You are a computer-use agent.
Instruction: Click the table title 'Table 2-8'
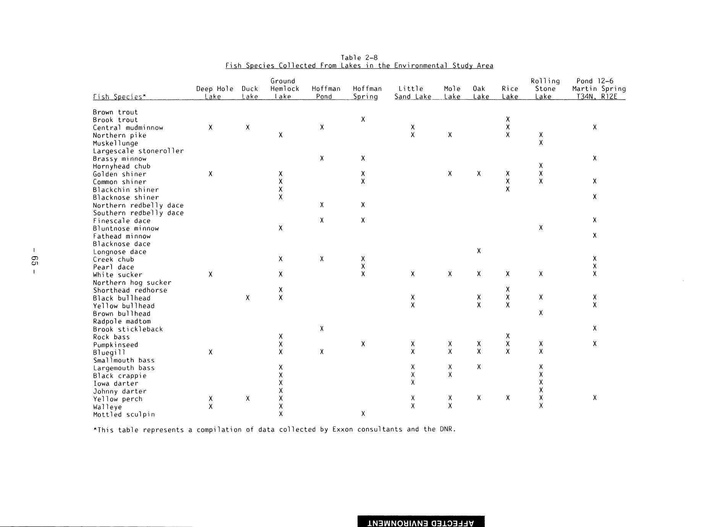click(x=359, y=58)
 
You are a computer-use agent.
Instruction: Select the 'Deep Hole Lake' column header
click(x=214, y=93)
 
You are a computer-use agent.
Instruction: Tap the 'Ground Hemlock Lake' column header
click(x=283, y=89)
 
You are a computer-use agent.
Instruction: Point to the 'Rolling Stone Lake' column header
click(x=545, y=89)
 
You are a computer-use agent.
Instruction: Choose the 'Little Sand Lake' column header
click(x=413, y=93)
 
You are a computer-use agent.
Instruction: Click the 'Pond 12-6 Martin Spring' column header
click(x=599, y=89)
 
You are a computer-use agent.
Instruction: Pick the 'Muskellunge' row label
click(x=115, y=143)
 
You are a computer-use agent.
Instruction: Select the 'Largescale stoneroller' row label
click(x=138, y=151)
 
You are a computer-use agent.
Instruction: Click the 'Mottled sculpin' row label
click(x=124, y=415)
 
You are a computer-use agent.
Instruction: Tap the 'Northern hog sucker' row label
click(x=132, y=283)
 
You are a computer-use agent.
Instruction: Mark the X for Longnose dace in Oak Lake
click(x=479, y=251)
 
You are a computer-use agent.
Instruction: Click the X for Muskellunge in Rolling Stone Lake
click(x=541, y=143)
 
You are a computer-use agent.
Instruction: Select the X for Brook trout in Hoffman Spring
click(x=363, y=120)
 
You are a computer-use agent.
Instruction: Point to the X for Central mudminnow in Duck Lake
click(x=248, y=127)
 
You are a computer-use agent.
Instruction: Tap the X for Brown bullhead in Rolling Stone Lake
click(x=541, y=313)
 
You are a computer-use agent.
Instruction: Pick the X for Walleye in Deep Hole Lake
click(x=210, y=406)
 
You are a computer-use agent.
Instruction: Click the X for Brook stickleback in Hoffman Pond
click(x=322, y=328)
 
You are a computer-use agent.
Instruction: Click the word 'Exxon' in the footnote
click(x=343, y=429)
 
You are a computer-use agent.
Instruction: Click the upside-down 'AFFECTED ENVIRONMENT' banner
click(x=421, y=522)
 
